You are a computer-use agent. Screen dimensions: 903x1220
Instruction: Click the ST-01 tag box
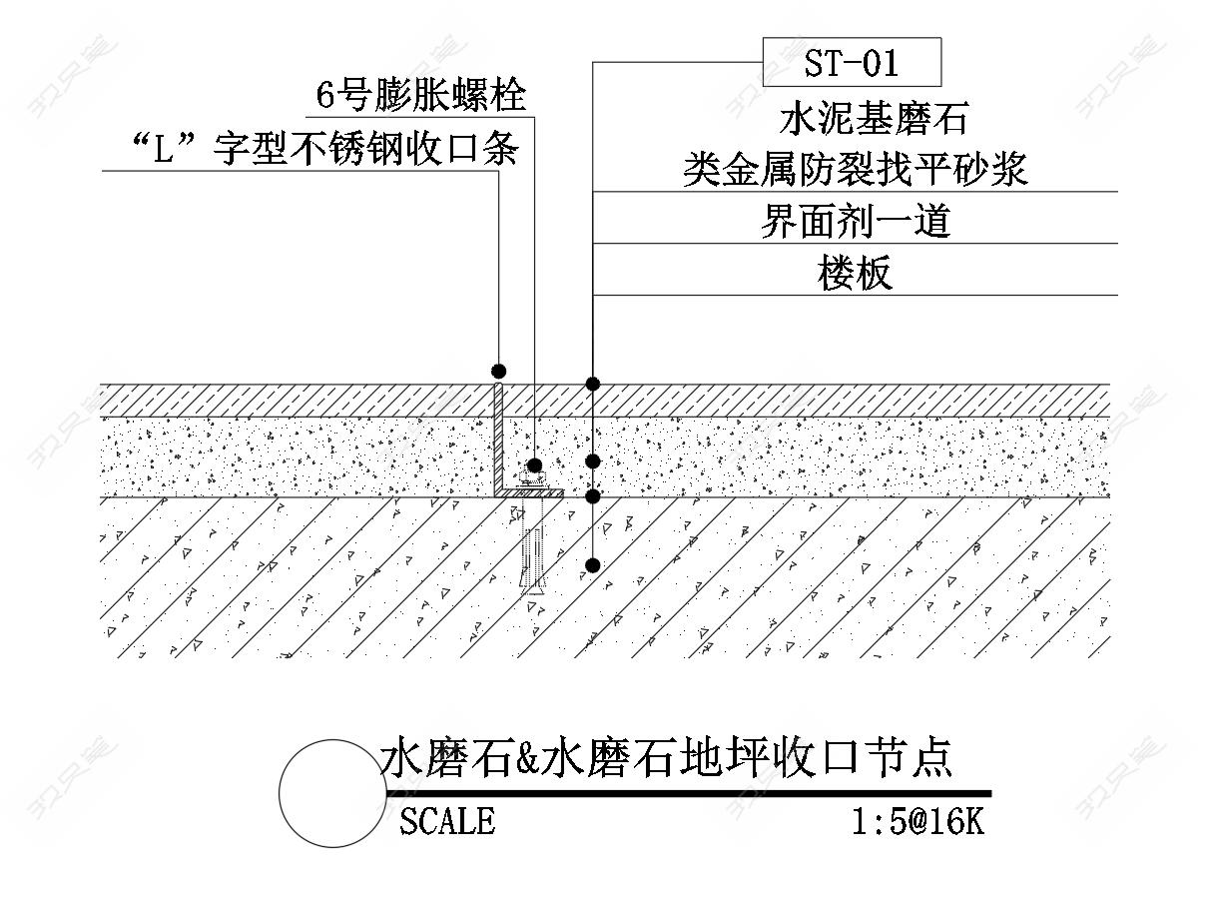[x=852, y=63]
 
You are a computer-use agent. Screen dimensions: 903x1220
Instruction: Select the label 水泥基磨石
[x=874, y=120]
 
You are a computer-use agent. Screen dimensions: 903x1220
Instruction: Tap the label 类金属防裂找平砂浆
[x=855, y=170]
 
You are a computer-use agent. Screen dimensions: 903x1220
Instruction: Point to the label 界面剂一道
[x=855, y=221]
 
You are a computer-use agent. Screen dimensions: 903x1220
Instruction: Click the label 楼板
[x=855, y=273]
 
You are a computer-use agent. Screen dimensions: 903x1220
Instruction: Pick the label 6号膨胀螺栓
[x=420, y=96]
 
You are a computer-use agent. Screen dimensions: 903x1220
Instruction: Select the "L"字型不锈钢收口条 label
[x=324, y=150]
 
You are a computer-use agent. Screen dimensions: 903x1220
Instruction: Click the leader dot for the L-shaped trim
[x=498, y=372]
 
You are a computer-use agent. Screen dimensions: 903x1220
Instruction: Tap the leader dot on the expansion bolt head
[x=535, y=465]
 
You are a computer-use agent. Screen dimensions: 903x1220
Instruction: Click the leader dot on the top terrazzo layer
[x=593, y=384]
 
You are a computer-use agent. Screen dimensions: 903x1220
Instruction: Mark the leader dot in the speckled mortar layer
[x=593, y=460]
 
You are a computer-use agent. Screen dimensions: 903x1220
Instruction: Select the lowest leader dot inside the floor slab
[x=593, y=565]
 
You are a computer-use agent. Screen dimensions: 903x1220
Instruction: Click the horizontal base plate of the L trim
[x=532, y=492]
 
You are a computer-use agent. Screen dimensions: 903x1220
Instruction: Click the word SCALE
[x=446, y=821]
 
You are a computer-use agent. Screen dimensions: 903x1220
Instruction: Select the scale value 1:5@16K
[x=917, y=821]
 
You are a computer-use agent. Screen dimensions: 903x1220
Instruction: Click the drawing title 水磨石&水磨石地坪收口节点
[x=666, y=759]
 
